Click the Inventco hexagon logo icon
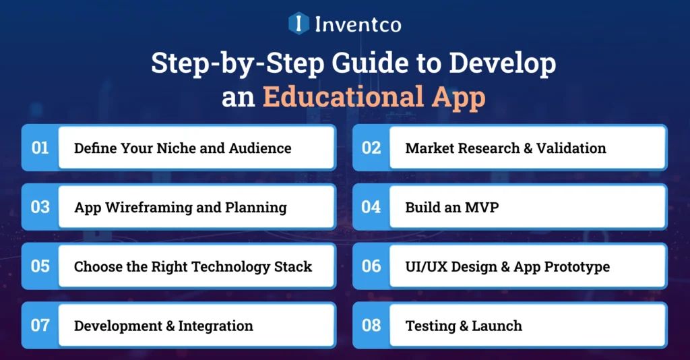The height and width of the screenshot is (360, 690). coord(299,24)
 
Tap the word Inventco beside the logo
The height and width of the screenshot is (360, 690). coord(358,24)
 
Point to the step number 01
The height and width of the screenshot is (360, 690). coord(40,148)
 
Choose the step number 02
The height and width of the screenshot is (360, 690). coord(371,148)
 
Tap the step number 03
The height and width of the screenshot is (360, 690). coord(40,207)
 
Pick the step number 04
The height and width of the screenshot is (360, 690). coord(371,207)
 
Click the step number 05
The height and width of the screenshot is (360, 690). coord(40,266)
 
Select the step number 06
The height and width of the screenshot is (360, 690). coord(371,266)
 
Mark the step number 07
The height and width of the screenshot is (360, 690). coord(40,326)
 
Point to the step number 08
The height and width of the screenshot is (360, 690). coord(371,326)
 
